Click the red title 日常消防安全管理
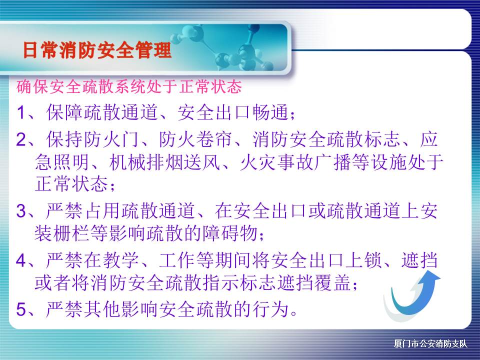(97, 50)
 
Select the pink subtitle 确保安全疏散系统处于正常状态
(129, 86)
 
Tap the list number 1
(21, 112)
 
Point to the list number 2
(21, 139)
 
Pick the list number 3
(21, 211)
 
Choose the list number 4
(21, 260)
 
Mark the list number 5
(21, 309)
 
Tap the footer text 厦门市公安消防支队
(430, 344)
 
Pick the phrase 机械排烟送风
(164, 161)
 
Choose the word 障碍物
(229, 233)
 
